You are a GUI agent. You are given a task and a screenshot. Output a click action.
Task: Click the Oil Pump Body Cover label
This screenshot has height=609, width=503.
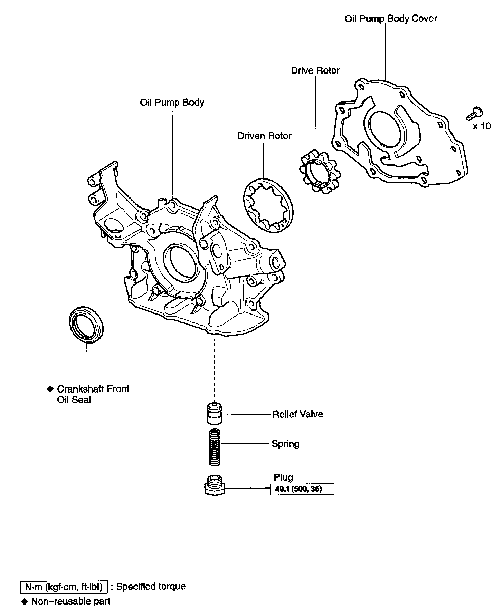(390, 19)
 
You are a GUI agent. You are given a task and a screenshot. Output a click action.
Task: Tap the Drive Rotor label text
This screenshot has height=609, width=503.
(315, 70)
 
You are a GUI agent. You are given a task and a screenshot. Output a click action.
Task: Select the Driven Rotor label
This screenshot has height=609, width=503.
(264, 136)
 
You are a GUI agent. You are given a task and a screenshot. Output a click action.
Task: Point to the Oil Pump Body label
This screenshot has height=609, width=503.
(172, 103)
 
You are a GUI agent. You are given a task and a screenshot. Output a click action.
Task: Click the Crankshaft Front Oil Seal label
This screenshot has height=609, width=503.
(93, 394)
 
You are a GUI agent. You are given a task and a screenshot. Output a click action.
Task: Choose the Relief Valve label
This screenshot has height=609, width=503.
(297, 414)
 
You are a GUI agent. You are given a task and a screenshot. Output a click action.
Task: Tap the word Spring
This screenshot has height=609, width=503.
(285, 444)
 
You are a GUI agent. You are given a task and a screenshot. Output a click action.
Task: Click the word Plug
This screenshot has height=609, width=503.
(283, 477)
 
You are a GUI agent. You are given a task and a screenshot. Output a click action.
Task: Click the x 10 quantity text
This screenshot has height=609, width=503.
(482, 126)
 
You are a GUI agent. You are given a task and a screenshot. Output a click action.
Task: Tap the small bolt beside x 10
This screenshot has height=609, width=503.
(474, 114)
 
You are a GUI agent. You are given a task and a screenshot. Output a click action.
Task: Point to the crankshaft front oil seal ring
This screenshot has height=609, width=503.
(87, 324)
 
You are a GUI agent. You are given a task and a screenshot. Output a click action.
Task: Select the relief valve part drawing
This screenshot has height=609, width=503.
(214, 413)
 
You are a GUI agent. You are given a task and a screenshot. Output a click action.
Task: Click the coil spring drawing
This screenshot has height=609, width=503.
(215, 447)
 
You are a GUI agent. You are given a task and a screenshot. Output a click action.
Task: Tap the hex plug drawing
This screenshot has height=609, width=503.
(215, 486)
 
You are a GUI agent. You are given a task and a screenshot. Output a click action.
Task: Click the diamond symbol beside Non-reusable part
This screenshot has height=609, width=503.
(24, 601)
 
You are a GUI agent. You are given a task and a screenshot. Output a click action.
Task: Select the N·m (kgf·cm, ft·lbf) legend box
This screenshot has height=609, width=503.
(64, 587)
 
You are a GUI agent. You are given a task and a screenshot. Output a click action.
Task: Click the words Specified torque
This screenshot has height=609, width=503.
(151, 587)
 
